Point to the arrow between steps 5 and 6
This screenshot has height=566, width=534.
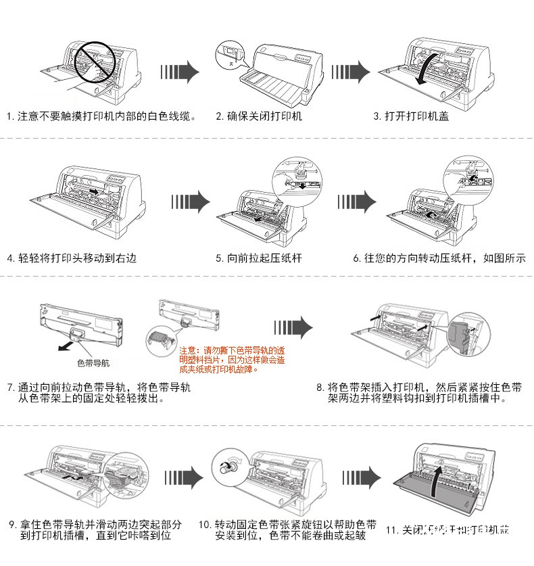pos(356,200)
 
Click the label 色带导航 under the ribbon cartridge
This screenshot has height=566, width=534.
pos(93,363)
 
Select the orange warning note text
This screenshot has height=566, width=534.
pos(231,360)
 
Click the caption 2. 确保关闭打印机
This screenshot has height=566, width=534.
pos(259,116)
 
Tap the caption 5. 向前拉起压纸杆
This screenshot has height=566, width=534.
pos(259,258)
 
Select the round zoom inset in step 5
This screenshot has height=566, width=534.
pos(294,174)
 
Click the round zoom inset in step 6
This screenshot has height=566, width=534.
pos(466,174)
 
